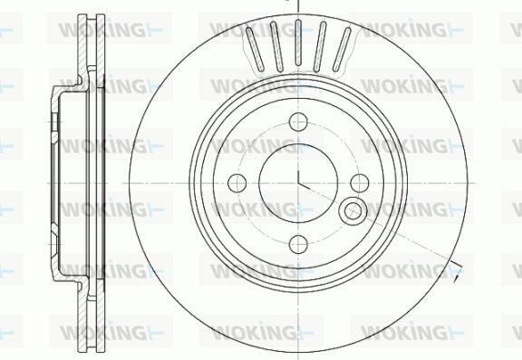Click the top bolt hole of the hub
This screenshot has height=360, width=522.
pyautogui.click(x=298, y=122)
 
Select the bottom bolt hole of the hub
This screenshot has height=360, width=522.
pyautogui.click(x=298, y=244)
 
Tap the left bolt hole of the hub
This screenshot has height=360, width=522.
pyautogui.click(x=237, y=183)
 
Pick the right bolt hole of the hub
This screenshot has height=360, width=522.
pyautogui.click(x=360, y=183)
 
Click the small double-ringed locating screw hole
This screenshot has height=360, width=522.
pyautogui.click(x=353, y=210)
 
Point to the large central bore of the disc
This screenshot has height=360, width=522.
pyautogui.click(x=298, y=183)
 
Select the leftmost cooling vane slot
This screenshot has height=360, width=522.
pyautogui.click(x=255, y=49)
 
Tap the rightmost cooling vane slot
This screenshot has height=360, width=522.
pyautogui.click(x=342, y=49)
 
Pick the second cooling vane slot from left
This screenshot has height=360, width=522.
pyautogui.click(x=276, y=45)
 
